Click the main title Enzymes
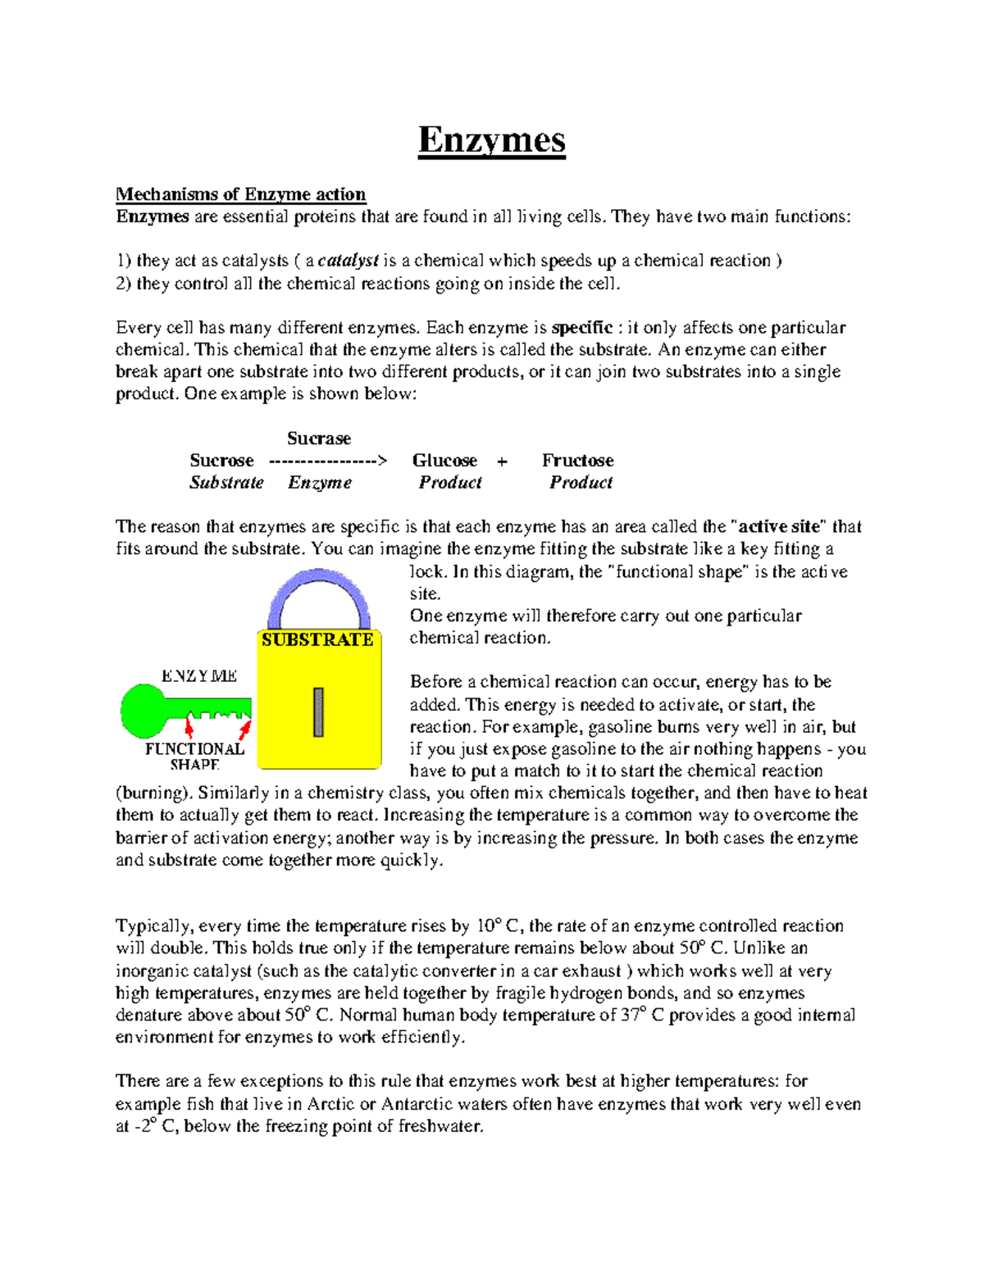click(x=491, y=140)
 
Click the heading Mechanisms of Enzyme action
click(x=240, y=194)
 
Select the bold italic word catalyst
click(x=348, y=261)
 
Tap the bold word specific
click(x=582, y=328)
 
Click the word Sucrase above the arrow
click(x=319, y=439)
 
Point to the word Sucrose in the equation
click(x=221, y=461)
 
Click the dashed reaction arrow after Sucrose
click(x=327, y=461)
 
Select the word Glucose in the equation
click(x=444, y=461)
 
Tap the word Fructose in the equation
click(x=577, y=461)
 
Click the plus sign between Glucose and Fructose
click(x=502, y=461)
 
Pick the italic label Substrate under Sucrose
click(x=226, y=483)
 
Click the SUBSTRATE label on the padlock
click(x=317, y=639)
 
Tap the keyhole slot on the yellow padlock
click(x=318, y=712)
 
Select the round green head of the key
click(x=143, y=711)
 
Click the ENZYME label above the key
click(x=199, y=676)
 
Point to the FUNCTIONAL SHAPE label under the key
click(x=194, y=757)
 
